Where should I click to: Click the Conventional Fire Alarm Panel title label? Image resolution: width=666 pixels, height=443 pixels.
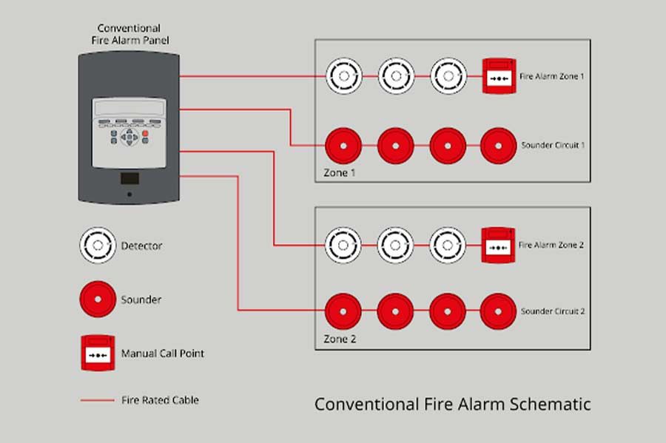click(129, 35)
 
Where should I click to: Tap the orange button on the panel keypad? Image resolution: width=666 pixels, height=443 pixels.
click(145, 133)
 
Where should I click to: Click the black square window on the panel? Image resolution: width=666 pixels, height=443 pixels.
click(129, 178)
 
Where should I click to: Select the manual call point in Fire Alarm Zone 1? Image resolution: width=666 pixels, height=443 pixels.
click(499, 76)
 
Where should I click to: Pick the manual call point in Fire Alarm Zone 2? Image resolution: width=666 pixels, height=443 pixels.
click(499, 245)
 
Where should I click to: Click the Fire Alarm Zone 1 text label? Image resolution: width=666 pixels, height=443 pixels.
click(551, 76)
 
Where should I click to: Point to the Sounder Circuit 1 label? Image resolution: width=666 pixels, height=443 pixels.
click(553, 145)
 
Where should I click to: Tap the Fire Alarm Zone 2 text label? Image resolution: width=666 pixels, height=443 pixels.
click(551, 245)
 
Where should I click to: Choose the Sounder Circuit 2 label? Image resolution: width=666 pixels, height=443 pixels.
click(553, 311)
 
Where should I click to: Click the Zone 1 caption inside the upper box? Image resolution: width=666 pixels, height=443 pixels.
click(340, 172)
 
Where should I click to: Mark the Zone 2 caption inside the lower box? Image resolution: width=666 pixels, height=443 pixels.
click(340, 339)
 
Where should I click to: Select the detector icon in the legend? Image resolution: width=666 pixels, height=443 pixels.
click(98, 245)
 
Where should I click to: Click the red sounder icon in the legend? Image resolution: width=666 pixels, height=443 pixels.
click(98, 299)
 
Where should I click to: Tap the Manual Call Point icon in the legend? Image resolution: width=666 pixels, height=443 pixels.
click(98, 353)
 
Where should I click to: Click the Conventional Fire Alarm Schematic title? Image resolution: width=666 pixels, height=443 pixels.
click(452, 405)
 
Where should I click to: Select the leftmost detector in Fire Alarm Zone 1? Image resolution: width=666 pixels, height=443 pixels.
click(343, 76)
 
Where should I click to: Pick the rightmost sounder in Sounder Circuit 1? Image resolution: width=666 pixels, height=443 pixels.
click(498, 146)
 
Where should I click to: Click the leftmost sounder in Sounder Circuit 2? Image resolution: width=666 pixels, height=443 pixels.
click(343, 311)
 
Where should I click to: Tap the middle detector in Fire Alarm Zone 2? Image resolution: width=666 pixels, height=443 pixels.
click(395, 245)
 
